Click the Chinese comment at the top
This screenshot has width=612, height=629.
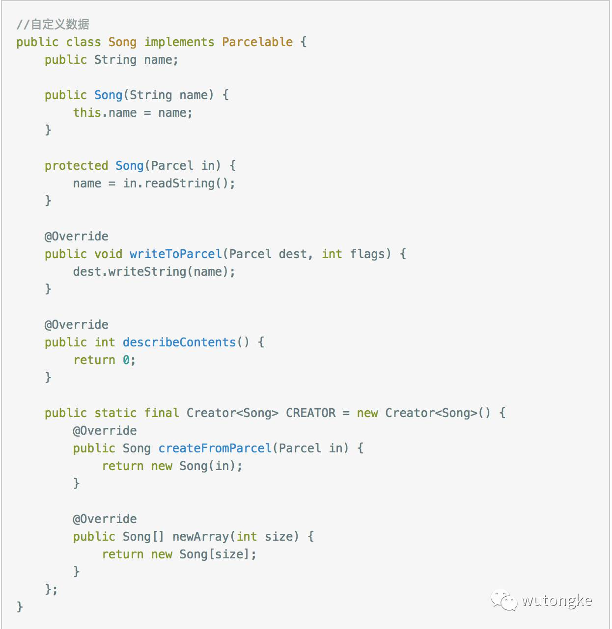tap(53, 24)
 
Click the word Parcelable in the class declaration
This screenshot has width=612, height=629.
tap(257, 42)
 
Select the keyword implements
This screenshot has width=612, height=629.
tap(179, 42)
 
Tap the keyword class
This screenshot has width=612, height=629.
tap(83, 42)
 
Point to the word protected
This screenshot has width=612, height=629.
tap(76, 166)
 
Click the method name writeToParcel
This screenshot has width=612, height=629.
tap(175, 254)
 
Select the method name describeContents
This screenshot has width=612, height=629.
tap(179, 342)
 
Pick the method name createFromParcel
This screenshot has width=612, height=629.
tap(215, 448)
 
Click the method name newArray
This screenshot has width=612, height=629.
tap(200, 537)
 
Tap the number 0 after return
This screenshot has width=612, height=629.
tap(126, 360)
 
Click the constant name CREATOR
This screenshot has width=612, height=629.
tap(310, 413)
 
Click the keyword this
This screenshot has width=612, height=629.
tap(87, 113)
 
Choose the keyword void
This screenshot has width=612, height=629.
tap(108, 254)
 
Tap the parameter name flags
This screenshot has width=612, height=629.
tap(367, 254)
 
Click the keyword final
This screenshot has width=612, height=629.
tap(162, 413)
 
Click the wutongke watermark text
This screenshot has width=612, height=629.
tap(556, 601)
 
